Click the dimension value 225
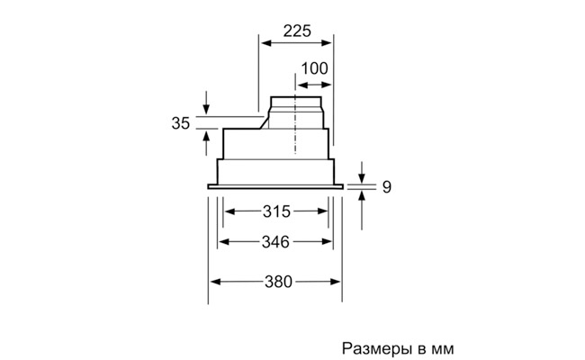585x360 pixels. pos(297,31)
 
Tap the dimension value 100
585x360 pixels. pos(314,68)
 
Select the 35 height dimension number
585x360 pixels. pos(181,123)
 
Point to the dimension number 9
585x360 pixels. pos(387,187)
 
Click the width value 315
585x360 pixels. pos(276,211)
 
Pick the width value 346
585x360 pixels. pos(275,242)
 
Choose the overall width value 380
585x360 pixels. pos(278,282)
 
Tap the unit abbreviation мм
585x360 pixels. pos(443,350)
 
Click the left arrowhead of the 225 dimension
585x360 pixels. pos(265,43)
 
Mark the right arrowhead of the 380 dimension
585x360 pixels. pos(336,282)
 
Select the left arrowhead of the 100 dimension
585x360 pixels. pos(302,85)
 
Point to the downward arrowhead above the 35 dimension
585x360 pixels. pos(206,109)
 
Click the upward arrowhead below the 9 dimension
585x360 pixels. pos(362,195)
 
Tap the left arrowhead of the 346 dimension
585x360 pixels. pos(223,242)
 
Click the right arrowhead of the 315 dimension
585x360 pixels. pos(323,211)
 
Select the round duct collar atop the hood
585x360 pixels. pos(296,112)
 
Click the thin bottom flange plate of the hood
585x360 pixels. pos(275,186)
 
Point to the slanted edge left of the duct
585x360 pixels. pos(265,122)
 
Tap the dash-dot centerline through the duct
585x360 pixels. pos(295,113)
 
